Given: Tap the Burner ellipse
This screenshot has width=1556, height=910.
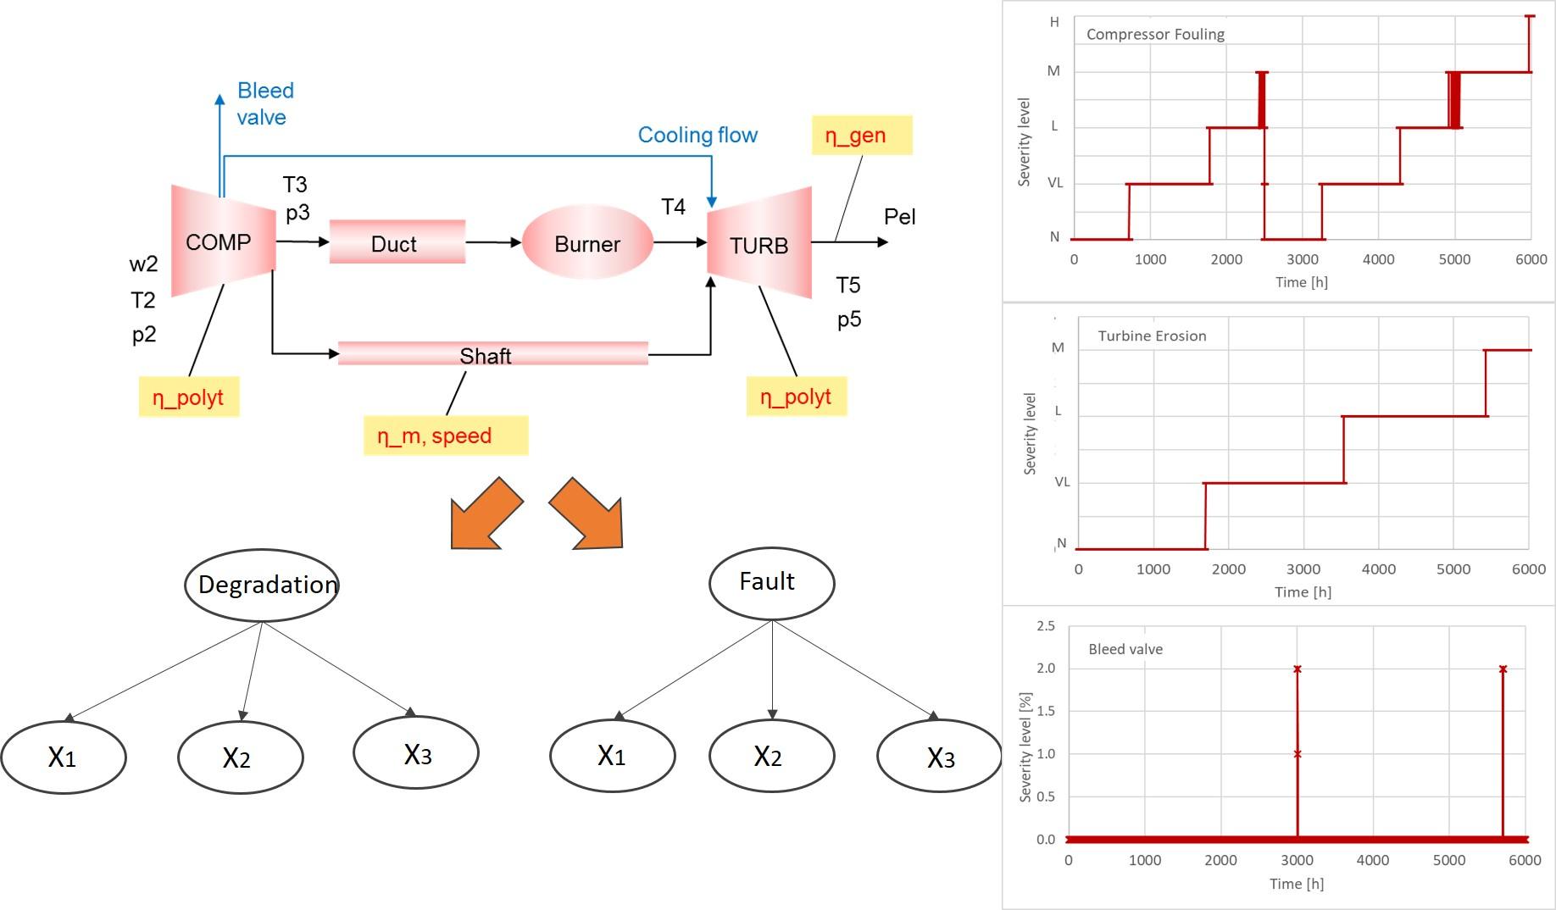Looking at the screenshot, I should coord(587,243).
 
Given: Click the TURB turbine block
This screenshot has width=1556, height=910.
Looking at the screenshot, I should coord(759,244).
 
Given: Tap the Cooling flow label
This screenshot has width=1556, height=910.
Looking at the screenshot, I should coord(697,135).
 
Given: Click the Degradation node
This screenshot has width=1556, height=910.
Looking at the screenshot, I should coord(262,585).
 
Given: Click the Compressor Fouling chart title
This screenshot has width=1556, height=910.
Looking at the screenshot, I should coord(1155,34).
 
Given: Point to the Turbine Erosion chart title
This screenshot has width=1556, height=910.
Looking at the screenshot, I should coord(1152,336).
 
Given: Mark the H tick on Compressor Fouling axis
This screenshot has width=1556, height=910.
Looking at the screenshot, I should coord(1054,22).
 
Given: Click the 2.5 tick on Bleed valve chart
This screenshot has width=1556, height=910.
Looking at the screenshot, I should coord(1046,626).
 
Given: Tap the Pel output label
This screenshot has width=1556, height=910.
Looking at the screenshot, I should coord(899,217).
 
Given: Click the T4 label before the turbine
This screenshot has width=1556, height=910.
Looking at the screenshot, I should coord(673,207).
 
